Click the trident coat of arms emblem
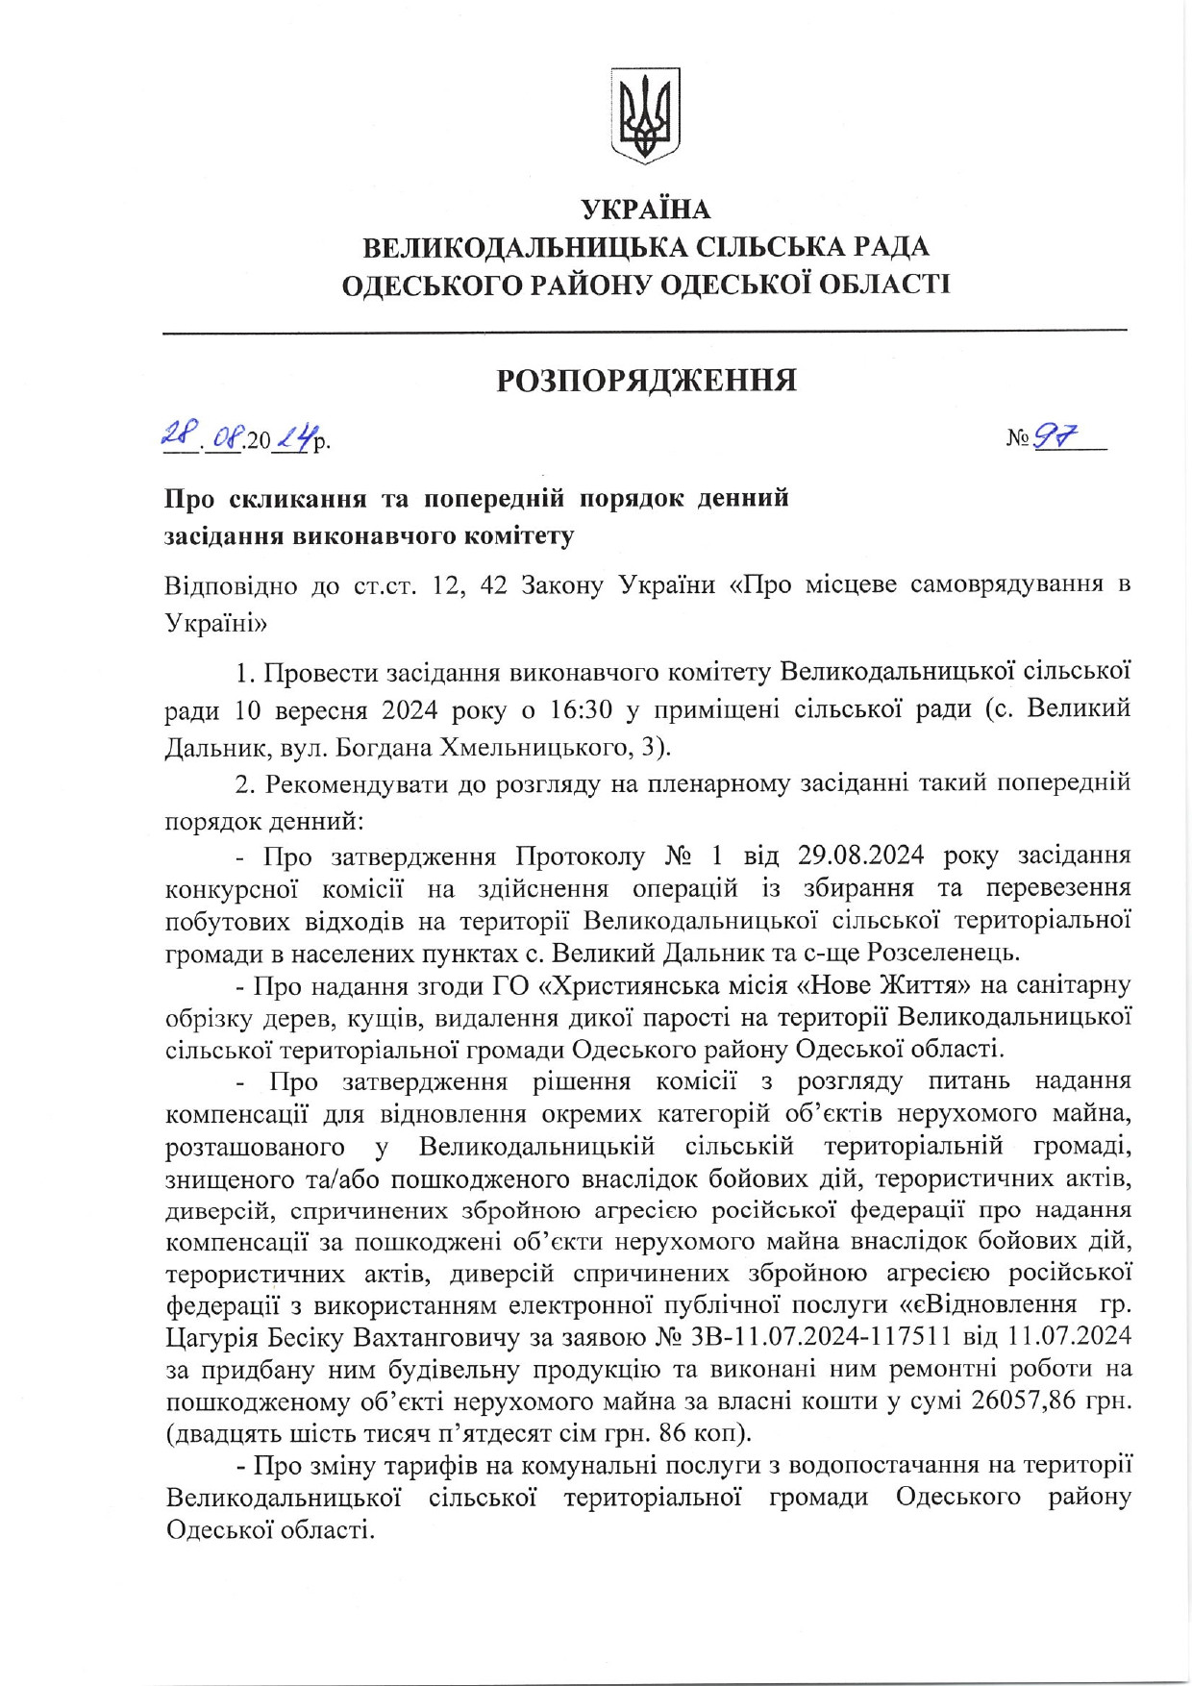(x=645, y=114)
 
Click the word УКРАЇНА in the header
(x=645, y=209)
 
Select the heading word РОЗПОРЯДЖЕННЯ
(x=646, y=381)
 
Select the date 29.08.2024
(x=860, y=855)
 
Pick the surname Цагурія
(x=211, y=1337)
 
